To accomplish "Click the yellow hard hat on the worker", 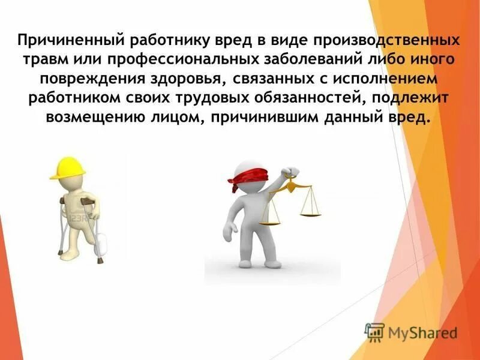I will coord(66,168).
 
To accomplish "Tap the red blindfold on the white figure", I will coord(243,178).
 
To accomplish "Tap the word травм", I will coord(44,61).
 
